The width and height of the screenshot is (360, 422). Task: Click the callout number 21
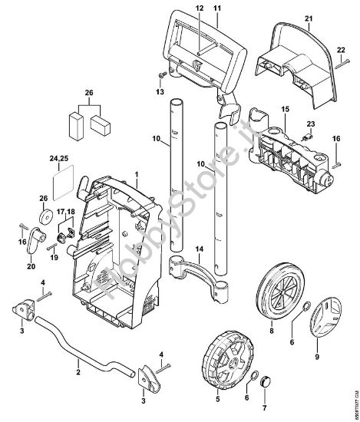[x=309, y=18]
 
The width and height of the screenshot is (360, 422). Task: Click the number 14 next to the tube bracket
[x=199, y=249]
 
